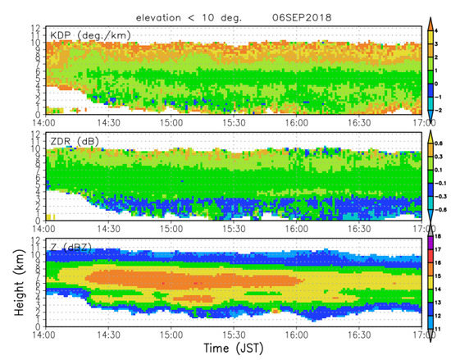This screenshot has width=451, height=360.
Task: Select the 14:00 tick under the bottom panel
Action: click(44, 335)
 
